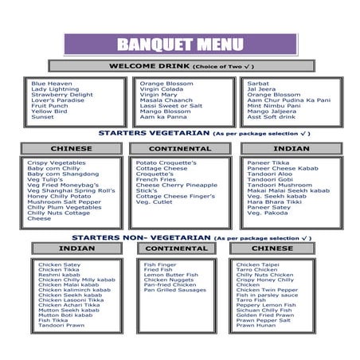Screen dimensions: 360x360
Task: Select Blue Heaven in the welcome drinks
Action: [x=51, y=84]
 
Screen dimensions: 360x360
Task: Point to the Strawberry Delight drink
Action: [x=62, y=95]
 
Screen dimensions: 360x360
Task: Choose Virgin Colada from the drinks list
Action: [x=163, y=89]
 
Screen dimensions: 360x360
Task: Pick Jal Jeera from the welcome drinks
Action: [x=262, y=89]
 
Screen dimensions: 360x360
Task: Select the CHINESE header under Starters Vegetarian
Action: [x=71, y=148]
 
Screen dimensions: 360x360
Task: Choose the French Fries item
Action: [x=157, y=179]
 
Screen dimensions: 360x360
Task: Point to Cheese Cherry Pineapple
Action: [x=176, y=185]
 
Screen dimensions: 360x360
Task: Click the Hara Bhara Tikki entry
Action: [x=273, y=202]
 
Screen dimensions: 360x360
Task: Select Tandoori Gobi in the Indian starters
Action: [x=269, y=179]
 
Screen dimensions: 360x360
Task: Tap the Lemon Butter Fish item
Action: [x=171, y=275]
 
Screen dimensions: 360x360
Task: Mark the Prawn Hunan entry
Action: [x=256, y=326]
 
